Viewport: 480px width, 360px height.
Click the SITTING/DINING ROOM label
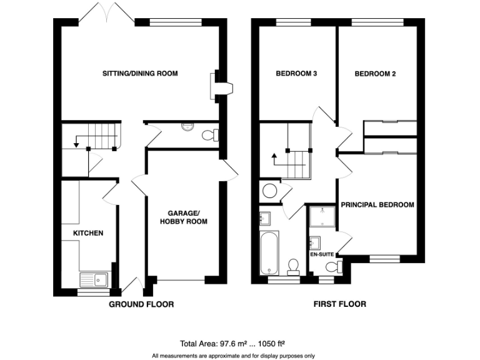coord(140,74)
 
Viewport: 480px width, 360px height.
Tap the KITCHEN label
coord(88,233)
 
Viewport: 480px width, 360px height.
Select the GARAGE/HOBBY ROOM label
coord(183,217)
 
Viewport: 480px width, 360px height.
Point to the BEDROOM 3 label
coord(297,74)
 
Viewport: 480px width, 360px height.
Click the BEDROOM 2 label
coord(375,74)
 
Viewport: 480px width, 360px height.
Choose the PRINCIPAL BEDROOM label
coord(377,204)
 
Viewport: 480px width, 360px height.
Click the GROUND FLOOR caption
coord(141,304)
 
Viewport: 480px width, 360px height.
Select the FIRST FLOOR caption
coord(339,304)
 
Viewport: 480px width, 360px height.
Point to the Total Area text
coord(232,343)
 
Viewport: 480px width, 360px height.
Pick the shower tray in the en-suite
coord(322,217)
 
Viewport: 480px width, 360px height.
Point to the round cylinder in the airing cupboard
coord(271,191)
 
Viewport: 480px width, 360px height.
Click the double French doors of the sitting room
coord(106,14)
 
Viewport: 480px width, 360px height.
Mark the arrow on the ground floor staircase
coord(76,144)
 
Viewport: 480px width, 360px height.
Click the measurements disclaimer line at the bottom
coord(232,356)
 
